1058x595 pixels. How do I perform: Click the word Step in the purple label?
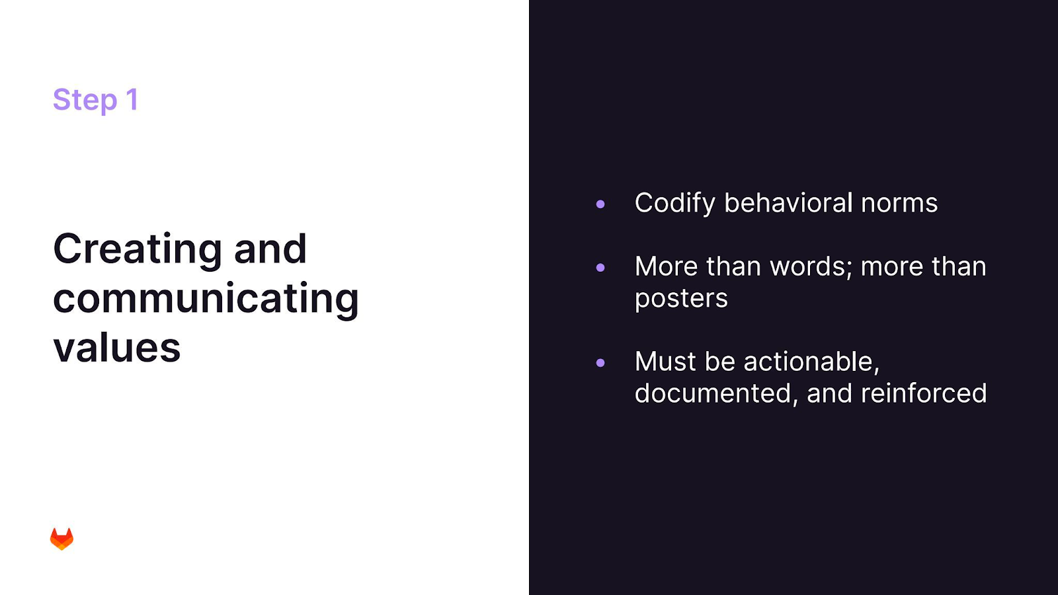tap(85, 100)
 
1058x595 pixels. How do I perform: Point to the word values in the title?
tap(116, 348)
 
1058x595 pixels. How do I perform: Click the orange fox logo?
tap(62, 539)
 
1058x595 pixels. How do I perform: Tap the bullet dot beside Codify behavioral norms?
tap(600, 204)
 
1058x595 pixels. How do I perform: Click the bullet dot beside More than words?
tap(600, 267)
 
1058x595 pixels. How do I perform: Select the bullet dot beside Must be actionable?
tap(600, 363)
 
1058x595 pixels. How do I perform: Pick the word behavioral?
tap(788, 203)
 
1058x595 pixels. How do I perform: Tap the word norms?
tap(899, 204)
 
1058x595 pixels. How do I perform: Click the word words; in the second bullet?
tap(811, 267)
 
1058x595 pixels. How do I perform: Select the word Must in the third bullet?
tap(665, 362)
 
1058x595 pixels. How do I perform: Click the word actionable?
tap(811, 362)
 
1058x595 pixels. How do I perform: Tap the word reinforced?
tap(924, 393)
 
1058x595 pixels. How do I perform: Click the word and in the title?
tap(270, 249)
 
